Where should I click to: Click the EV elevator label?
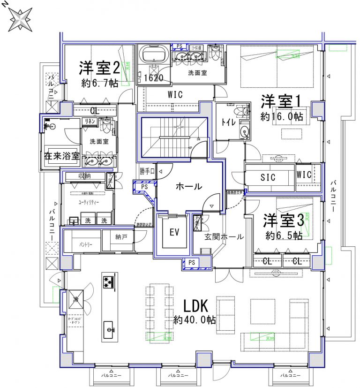tap(174, 232)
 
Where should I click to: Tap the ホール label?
tap(188, 186)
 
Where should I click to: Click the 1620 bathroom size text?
tap(153, 78)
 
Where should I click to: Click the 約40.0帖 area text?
tap(195, 320)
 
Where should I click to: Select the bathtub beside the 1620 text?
tap(153, 55)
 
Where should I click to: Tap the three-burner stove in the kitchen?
tap(109, 282)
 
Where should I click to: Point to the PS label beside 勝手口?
tap(144, 186)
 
